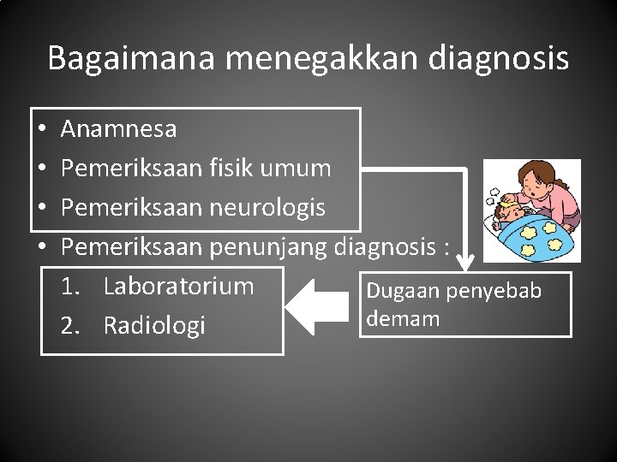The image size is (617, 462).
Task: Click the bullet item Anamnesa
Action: [119, 129]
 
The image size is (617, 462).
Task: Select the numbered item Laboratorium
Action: [178, 286]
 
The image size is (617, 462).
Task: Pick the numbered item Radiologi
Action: [154, 325]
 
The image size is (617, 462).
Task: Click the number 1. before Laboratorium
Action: [70, 286]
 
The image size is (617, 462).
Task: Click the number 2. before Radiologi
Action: [71, 325]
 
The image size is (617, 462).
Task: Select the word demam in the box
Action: [391, 319]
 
